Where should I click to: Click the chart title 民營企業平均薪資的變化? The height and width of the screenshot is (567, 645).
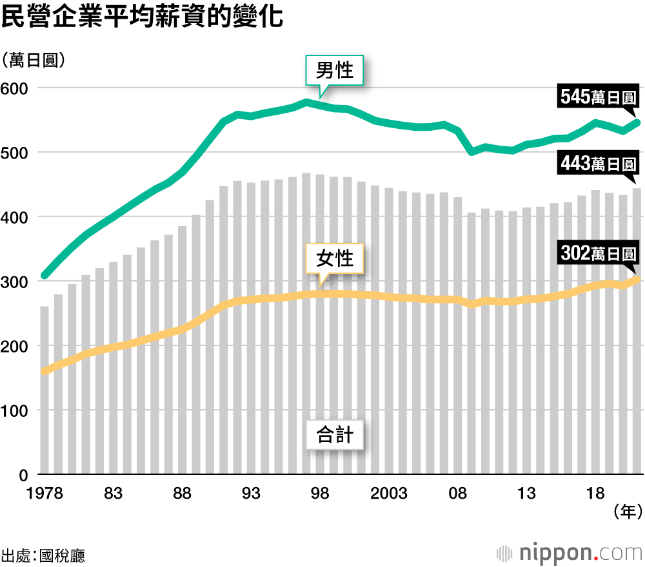click(143, 17)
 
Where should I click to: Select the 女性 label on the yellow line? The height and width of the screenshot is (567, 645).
click(335, 258)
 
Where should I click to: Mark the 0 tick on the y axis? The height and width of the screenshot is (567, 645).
click(22, 476)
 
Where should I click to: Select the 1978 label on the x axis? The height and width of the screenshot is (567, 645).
click(45, 494)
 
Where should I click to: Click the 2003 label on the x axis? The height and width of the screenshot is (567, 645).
click(389, 494)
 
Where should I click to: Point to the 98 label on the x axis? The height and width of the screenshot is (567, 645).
click(321, 494)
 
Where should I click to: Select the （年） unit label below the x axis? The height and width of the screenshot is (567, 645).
click(625, 512)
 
